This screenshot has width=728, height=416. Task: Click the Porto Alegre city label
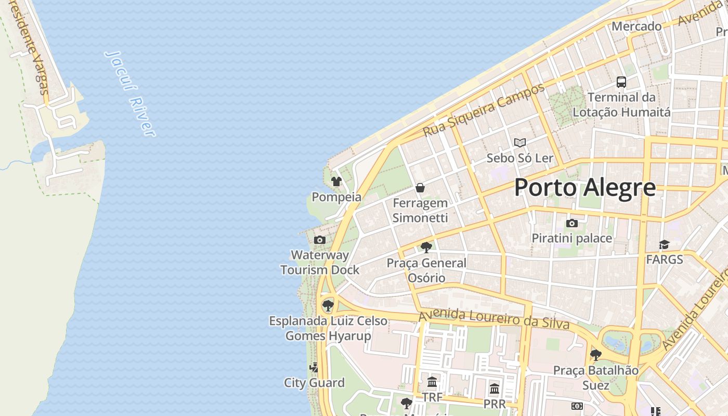(585, 188)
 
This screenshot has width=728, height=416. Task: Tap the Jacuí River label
(130, 94)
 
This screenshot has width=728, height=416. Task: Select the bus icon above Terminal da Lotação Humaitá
(621, 82)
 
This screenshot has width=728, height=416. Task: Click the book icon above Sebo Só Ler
(519, 142)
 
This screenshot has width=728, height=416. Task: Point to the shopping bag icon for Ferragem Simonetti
(420, 188)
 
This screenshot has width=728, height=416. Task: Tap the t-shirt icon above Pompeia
(336, 181)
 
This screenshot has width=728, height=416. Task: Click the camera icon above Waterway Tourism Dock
(320, 240)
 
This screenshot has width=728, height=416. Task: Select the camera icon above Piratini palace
(572, 223)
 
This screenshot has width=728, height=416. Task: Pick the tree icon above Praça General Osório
(426, 248)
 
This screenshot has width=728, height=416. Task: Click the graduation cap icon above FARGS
(664, 244)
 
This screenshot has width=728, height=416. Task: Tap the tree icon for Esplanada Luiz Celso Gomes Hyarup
(328, 305)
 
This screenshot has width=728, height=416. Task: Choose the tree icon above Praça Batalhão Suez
(596, 355)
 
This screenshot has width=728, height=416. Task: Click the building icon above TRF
(432, 383)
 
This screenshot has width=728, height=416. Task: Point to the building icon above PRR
(495, 388)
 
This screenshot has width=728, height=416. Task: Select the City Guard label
(314, 383)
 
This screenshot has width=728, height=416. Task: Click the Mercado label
(636, 26)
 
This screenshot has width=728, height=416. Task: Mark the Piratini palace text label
(571, 238)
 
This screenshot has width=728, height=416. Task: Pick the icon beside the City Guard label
(314, 368)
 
